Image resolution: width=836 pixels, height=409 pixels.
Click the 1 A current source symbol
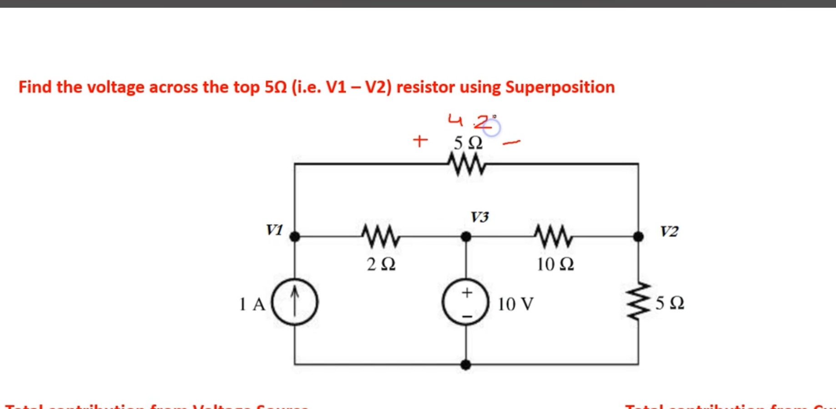point(295,302)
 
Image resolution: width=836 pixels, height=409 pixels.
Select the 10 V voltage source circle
point(466,302)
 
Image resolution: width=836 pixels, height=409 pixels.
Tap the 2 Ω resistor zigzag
point(381,236)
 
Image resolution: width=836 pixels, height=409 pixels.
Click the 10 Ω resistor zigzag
point(553,236)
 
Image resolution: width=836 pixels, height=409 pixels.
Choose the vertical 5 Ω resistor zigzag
point(638,301)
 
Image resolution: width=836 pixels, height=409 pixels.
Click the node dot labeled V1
point(295,236)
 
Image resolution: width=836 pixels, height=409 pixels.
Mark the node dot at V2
point(638,236)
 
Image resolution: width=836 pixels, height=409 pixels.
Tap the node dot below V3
point(466,236)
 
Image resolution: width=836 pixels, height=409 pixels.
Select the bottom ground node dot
point(466,364)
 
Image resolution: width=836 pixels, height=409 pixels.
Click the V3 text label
point(479,217)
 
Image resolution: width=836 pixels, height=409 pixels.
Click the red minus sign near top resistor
point(511,143)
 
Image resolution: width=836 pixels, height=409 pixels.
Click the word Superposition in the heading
point(560,87)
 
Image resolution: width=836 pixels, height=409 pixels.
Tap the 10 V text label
point(515,304)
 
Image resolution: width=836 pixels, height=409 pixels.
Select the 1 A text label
point(252,304)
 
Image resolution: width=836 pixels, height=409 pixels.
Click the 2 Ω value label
point(381,264)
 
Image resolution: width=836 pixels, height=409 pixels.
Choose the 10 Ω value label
point(555,264)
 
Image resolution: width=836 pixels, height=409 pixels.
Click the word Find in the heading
point(35,87)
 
